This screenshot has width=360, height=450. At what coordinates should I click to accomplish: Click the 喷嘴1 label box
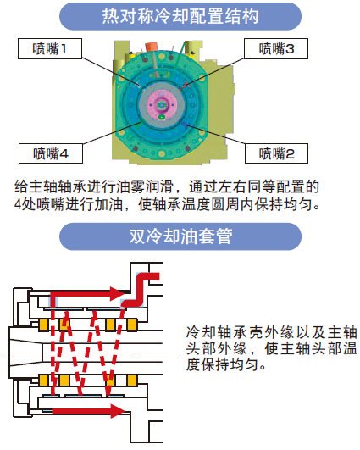click(x=50, y=49)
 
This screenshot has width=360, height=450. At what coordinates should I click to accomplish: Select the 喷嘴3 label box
click(x=276, y=49)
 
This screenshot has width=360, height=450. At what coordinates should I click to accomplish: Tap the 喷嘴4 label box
click(x=51, y=153)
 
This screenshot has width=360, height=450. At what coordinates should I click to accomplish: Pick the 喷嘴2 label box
click(x=276, y=153)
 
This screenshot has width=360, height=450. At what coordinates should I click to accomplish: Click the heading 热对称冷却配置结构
click(x=180, y=16)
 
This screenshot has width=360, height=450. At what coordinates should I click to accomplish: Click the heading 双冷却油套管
click(x=180, y=236)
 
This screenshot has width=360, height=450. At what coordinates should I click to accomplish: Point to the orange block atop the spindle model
click(x=152, y=47)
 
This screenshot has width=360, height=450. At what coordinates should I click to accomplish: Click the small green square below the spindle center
click(x=162, y=116)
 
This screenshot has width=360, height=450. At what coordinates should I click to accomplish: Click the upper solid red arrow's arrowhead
click(x=118, y=293)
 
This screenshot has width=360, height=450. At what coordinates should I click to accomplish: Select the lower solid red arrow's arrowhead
click(x=118, y=411)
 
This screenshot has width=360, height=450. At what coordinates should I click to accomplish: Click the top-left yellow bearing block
click(x=43, y=325)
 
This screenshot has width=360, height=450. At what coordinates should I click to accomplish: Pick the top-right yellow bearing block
click(x=131, y=325)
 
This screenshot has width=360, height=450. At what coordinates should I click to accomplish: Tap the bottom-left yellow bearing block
click(x=43, y=381)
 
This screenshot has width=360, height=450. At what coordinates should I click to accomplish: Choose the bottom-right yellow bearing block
click(x=131, y=381)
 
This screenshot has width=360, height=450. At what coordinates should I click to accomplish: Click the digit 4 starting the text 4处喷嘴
click(x=18, y=204)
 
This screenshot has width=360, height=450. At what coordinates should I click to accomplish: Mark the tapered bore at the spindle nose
click(x=26, y=353)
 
